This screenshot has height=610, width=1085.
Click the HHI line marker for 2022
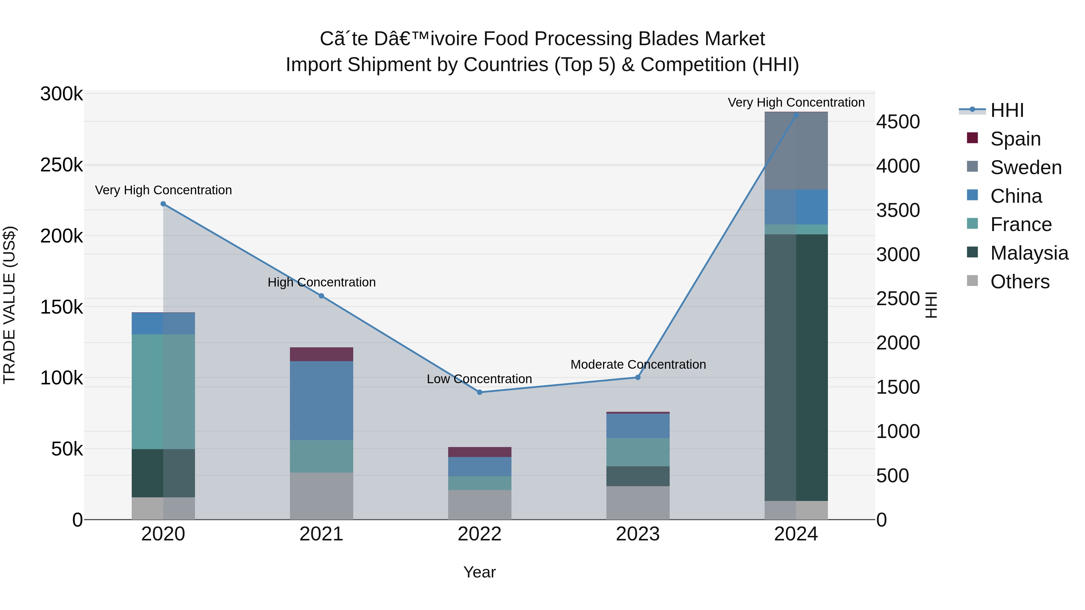click(479, 392)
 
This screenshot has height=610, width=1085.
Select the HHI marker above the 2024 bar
click(796, 115)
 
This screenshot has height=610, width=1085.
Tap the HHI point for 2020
click(163, 204)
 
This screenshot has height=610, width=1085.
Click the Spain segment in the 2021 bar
click(321, 354)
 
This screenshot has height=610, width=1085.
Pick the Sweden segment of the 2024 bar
click(796, 151)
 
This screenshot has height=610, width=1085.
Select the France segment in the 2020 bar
click(163, 392)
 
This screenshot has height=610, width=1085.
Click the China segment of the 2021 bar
click(321, 400)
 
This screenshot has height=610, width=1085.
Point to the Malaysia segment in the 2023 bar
click(638, 476)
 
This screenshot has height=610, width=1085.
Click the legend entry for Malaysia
click(1029, 253)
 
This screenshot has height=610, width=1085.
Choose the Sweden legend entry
click(1026, 167)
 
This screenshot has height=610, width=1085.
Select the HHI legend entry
click(1007, 110)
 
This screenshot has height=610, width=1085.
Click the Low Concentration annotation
click(479, 379)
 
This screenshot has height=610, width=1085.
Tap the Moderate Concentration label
click(638, 364)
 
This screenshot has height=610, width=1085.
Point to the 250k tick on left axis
click(61, 165)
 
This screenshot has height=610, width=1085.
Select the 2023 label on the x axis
click(638, 534)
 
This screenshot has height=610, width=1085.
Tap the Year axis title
click(479, 572)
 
